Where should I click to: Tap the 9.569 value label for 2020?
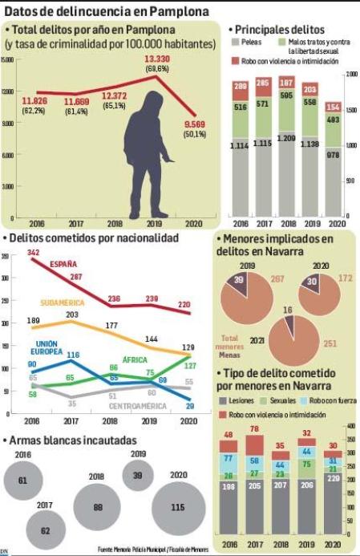pos(195,124)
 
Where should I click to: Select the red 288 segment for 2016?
pos(240,87)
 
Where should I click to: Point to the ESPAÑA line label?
pos(64,263)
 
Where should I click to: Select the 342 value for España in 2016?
pos(34,253)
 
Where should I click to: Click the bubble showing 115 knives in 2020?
pos(179,509)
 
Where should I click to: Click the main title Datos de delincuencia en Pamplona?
pos(107,10)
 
